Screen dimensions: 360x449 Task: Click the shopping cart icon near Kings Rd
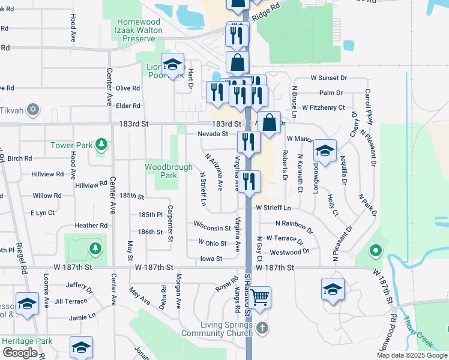coord(259,296)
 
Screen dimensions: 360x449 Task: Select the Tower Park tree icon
coord(103,145)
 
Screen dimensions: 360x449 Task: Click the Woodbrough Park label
coord(161,171)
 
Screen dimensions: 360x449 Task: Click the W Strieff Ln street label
coord(273,208)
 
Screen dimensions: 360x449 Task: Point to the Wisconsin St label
coord(212,228)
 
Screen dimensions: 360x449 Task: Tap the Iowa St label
coord(211,259)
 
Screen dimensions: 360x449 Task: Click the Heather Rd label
coord(91,226)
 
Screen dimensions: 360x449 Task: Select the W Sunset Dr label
coord(329,78)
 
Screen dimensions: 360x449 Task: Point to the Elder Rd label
coord(128,106)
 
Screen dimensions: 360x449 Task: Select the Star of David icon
coord(34,110)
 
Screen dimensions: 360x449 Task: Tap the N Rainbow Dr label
coord(294,225)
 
